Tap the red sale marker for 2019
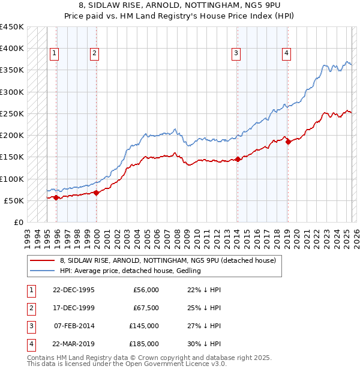pos(289,142)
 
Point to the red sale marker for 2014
pos(238,159)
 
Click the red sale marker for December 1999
pos(97,193)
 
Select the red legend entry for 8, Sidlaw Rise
pos(167,260)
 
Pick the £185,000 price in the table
pos(144,344)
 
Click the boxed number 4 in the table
pos(30,344)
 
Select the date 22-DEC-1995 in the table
pos(74,290)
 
